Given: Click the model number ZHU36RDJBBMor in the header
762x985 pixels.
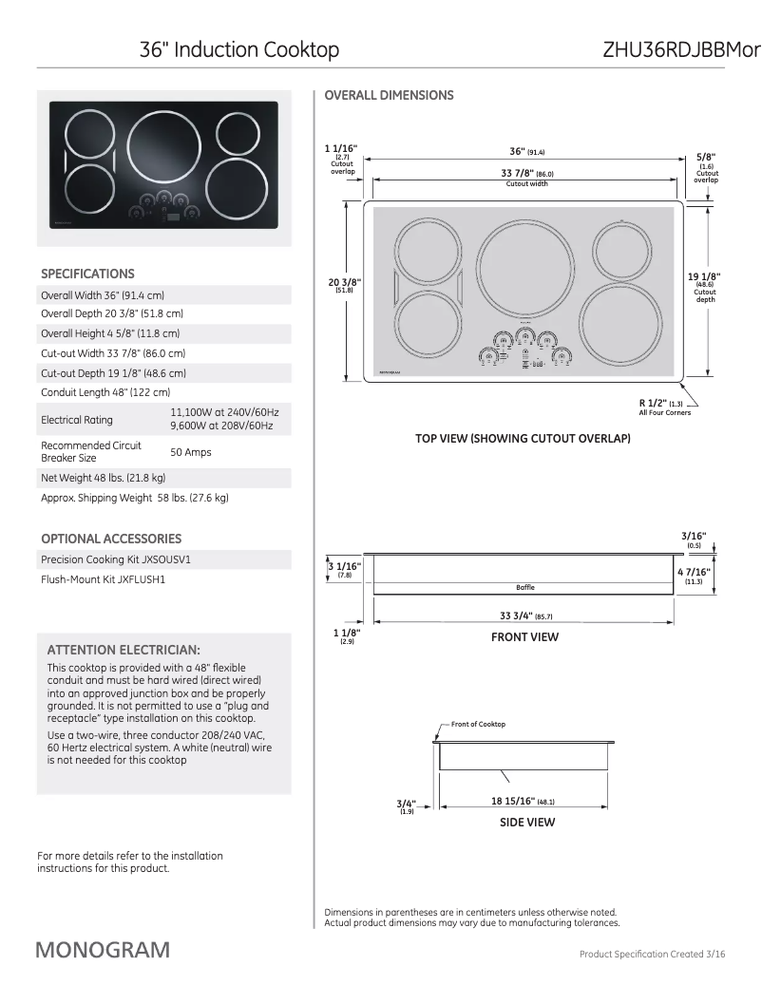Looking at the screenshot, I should click(680, 49).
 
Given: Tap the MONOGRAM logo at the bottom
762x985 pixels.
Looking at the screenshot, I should click(104, 950).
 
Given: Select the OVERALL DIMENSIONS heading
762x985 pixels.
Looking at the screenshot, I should click(389, 95).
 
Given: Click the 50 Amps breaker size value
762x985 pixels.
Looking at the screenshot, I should click(190, 452).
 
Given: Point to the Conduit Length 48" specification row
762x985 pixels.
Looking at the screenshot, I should click(105, 391).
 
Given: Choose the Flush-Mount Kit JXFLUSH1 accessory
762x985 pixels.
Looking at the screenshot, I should click(103, 578).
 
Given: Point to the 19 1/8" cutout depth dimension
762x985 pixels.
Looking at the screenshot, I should click(704, 276).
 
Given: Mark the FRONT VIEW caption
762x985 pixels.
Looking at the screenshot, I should click(524, 637).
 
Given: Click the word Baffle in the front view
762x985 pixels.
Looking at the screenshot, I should click(525, 588).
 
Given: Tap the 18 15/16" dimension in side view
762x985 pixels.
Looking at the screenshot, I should click(515, 801).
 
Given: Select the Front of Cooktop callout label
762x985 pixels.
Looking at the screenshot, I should click(478, 724).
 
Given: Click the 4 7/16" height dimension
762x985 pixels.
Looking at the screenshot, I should click(693, 572).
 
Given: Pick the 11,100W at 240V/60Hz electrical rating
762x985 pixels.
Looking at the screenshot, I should click(224, 412).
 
